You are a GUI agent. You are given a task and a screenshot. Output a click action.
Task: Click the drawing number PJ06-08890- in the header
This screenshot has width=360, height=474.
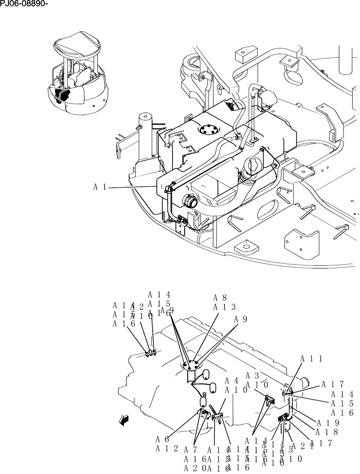pos(24,5)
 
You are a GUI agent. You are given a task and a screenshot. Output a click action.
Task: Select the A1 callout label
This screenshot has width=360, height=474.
pos(99,187)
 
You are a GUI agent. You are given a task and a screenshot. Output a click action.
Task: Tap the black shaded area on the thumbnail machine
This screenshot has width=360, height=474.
pos(62,94)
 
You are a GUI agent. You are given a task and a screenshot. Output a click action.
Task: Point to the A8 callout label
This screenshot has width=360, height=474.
pos(220,298)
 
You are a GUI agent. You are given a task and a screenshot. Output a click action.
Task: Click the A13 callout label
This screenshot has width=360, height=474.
pos(224,307)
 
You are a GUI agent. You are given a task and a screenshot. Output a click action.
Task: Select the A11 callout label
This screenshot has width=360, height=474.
pos(311,359)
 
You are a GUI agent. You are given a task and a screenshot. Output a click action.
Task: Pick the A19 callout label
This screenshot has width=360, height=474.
pos(327,423)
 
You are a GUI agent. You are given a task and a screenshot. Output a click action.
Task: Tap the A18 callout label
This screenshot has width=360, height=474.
pos(327,432)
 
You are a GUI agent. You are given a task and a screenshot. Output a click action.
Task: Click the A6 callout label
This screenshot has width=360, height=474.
pos(162,439)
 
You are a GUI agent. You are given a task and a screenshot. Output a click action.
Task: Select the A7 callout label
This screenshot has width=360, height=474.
pos(190,449)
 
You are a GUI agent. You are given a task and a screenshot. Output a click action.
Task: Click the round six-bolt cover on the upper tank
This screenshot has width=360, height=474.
pos(207,129)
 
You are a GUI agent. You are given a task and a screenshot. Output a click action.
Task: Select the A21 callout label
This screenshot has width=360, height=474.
pos(301,446)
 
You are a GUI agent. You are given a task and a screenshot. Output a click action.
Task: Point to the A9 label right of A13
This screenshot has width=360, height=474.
pos(241,319)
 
